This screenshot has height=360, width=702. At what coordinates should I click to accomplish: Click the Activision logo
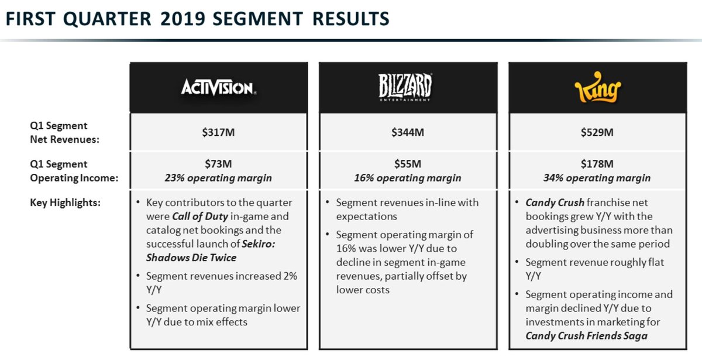[x=218, y=88]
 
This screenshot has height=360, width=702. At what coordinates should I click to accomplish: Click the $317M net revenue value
[x=218, y=132]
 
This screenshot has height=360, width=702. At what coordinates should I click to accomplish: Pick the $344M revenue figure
[x=408, y=132]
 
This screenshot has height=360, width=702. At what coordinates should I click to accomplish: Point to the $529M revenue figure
[x=597, y=132]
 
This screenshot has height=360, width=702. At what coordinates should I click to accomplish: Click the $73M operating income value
[x=218, y=164]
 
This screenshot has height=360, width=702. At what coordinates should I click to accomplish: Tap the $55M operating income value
[x=408, y=164]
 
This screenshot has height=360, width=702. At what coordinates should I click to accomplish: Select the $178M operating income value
[x=597, y=164]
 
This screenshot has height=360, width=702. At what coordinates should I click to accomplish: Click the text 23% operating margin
[x=218, y=178]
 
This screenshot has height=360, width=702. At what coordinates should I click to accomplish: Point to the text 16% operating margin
[x=408, y=178]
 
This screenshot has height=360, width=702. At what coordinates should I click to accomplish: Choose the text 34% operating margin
[x=597, y=178]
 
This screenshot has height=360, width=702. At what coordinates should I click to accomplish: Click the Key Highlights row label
[x=66, y=203]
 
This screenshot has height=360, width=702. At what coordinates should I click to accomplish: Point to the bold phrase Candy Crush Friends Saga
[x=587, y=336]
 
